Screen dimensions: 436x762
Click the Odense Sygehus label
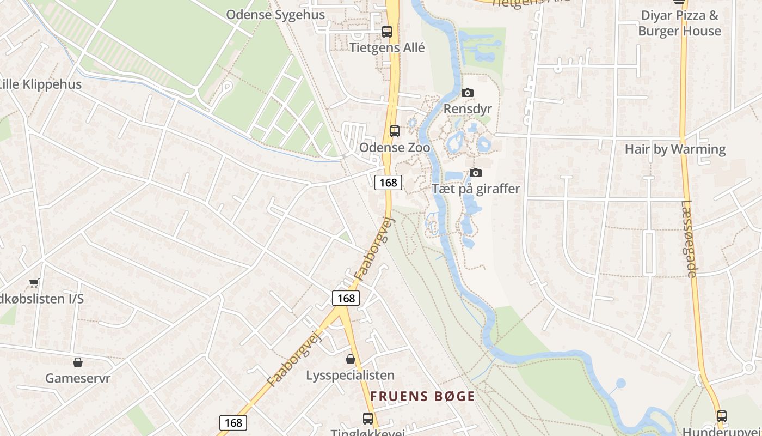(x=275, y=15)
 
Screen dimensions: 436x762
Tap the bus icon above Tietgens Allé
(x=387, y=32)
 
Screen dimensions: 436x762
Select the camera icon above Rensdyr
(x=468, y=93)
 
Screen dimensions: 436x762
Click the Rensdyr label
(x=468, y=109)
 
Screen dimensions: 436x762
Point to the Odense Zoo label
(x=395, y=148)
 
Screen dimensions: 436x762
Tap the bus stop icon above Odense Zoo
(x=395, y=131)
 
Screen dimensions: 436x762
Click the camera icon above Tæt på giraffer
(x=476, y=173)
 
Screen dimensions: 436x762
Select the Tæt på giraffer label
(x=476, y=189)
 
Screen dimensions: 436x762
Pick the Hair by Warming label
(x=675, y=149)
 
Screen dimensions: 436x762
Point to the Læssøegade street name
(x=688, y=239)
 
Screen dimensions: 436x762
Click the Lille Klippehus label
(x=40, y=84)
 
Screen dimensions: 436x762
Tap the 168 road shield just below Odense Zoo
(x=388, y=183)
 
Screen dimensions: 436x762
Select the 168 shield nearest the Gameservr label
(x=233, y=422)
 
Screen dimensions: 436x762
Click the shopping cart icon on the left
(x=34, y=282)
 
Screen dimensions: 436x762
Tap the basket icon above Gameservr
(x=78, y=362)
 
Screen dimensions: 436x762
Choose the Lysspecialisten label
(x=350, y=376)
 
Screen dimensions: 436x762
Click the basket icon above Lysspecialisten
(x=351, y=359)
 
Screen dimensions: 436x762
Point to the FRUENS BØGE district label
(x=422, y=396)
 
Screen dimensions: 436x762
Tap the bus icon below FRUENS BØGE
(x=368, y=419)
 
